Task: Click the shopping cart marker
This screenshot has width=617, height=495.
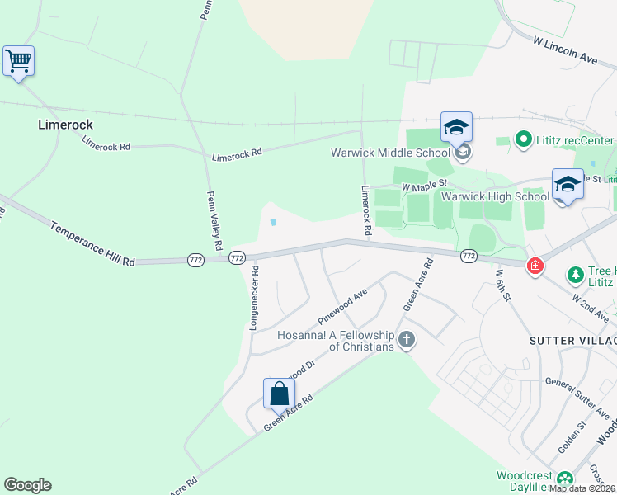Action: click(x=18, y=60)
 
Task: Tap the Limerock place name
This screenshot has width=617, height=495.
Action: click(x=65, y=125)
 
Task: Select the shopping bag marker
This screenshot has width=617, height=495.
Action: click(x=280, y=393)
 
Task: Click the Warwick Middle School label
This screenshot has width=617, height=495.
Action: click(x=390, y=153)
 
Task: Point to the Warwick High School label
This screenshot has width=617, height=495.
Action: click(x=495, y=196)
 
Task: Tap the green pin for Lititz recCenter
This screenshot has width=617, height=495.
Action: click(x=522, y=139)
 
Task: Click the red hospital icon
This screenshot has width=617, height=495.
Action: click(x=535, y=266)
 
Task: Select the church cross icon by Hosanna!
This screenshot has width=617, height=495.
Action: click(x=406, y=338)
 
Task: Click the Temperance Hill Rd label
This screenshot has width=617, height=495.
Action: click(x=92, y=243)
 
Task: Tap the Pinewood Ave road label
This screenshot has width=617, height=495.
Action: click(x=342, y=307)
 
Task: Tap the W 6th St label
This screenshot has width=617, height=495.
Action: click(x=504, y=285)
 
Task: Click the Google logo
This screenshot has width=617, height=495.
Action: click(x=27, y=485)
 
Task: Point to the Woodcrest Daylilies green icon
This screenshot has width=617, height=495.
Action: click(x=564, y=478)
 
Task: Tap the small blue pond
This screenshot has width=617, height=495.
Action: click(x=272, y=221)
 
